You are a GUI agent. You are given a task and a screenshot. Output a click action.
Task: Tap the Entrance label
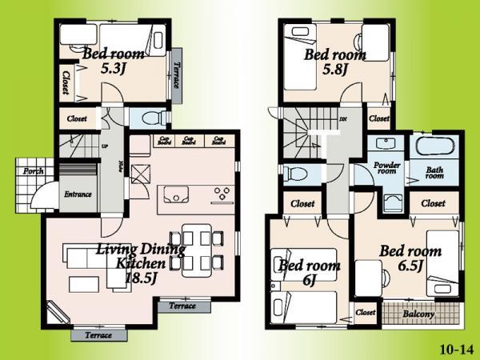tap(78, 194)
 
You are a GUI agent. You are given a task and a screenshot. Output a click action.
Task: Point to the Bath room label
tap(434, 173)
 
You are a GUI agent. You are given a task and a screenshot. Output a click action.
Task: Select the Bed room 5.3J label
tap(113, 61)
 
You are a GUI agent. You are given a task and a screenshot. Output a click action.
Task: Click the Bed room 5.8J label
tap(334, 62)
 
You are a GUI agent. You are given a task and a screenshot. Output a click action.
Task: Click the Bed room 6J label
tap(308, 272)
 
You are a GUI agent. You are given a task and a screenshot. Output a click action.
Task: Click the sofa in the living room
tap(81, 258)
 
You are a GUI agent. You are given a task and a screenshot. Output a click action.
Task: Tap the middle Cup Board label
tap(189, 142)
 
